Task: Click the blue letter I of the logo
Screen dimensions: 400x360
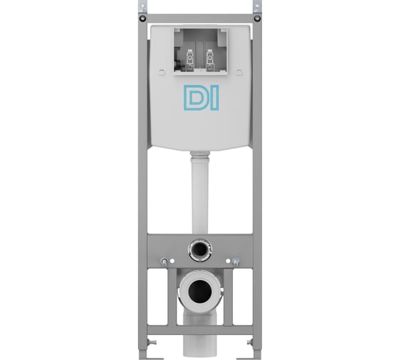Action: [215, 98]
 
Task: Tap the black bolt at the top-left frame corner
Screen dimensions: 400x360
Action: [143, 18]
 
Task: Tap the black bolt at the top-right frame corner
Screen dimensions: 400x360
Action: [257, 18]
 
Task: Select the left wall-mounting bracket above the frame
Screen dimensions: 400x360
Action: [142, 6]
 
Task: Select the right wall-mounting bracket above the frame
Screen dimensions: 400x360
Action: [257, 6]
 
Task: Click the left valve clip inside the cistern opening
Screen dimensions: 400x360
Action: [190, 60]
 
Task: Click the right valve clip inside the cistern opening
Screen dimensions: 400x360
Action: [210, 60]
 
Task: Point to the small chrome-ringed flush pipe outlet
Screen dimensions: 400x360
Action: [200, 250]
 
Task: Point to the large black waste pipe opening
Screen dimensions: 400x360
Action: [200, 291]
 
